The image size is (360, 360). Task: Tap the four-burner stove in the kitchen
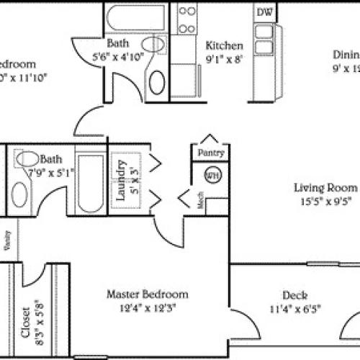[x=187, y=20]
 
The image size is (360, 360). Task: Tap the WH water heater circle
[x=212, y=175]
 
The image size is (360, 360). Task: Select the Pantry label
[x=211, y=153]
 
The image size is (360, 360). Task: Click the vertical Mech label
[x=201, y=202]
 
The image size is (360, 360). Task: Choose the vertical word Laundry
[x=122, y=179]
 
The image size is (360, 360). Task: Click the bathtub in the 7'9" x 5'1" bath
[x=89, y=183]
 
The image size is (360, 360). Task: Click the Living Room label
[x=325, y=188]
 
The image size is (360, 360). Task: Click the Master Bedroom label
[x=147, y=294]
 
